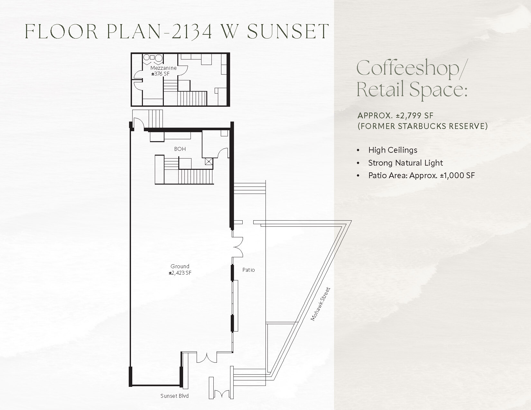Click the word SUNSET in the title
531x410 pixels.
[x=288, y=31]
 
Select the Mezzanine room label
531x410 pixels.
[x=163, y=68]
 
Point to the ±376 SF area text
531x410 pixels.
[x=160, y=74]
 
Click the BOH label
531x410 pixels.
[x=180, y=149]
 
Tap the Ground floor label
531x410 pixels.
[x=180, y=266]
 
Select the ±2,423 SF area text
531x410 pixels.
[x=180, y=273]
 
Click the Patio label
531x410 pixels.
[x=248, y=270]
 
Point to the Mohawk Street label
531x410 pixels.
[x=321, y=304]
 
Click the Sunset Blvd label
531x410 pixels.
[x=174, y=396]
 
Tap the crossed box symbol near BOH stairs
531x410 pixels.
[x=209, y=161]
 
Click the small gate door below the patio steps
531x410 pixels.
[x=221, y=394]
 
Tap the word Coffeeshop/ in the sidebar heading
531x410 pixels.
[x=411, y=68]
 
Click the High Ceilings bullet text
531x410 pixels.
[x=393, y=150]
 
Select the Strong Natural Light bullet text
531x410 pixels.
[x=405, y=163]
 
